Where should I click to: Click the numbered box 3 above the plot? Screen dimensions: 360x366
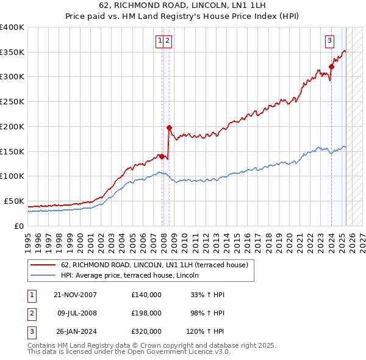coord(329,41)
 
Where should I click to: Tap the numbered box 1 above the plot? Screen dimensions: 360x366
coord(160,41)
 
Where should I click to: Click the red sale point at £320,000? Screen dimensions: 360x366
coord(331,67)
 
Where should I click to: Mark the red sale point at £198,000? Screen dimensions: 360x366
coord(169,128)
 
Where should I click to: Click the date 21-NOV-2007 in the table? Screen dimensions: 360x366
coord(75,295)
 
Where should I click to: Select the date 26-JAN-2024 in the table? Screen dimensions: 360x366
coord(75,331)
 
